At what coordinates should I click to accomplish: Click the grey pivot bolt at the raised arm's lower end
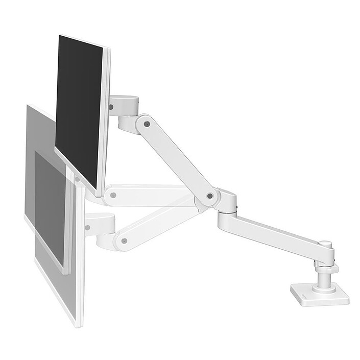(210, 196)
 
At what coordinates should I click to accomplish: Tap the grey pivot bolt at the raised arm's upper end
(147, 123)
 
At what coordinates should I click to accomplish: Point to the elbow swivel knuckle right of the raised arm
(227, 201)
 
